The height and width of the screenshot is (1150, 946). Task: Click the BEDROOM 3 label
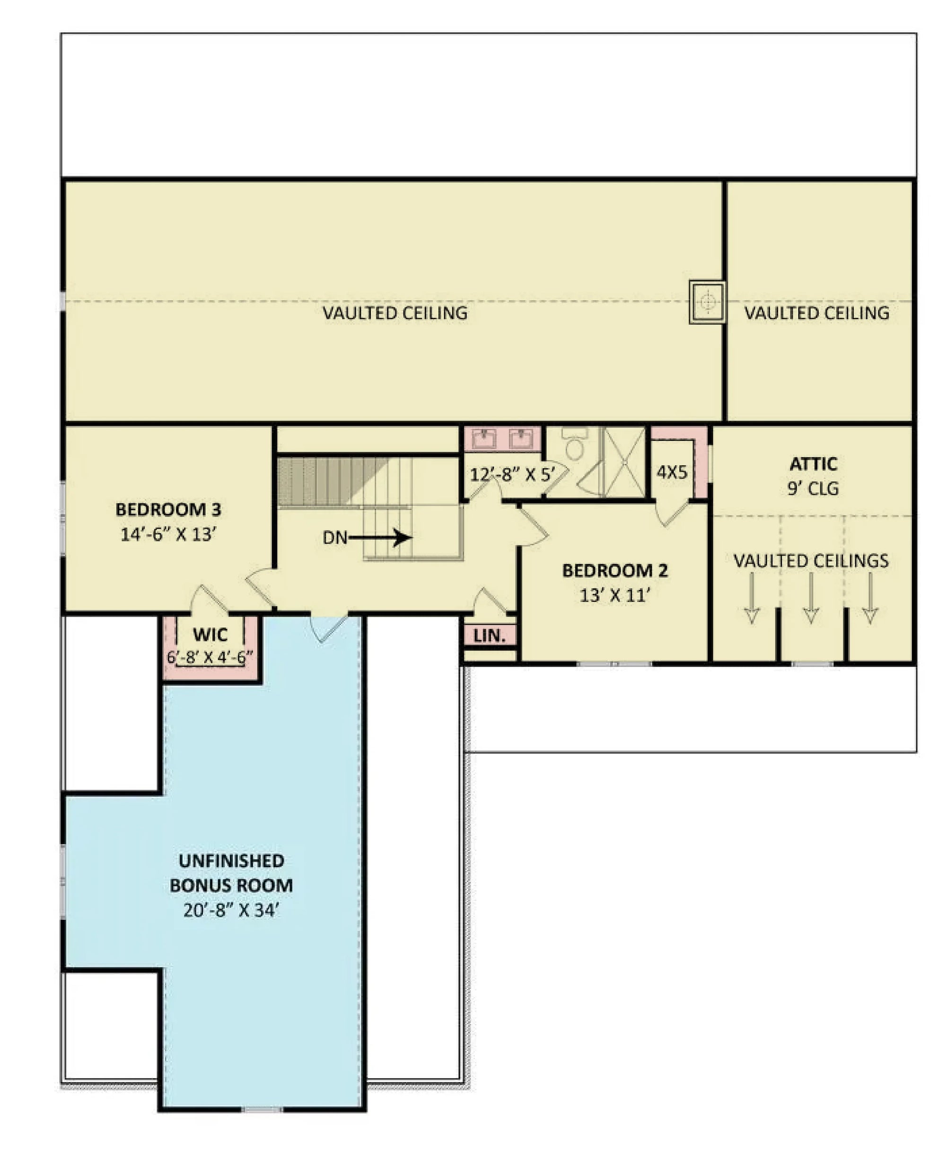tap(168, 509)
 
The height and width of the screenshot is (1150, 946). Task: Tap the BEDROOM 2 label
tap(615, 570)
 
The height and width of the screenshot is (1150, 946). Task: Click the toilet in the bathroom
tap(574, 445)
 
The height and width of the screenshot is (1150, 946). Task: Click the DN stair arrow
tap(381, 538)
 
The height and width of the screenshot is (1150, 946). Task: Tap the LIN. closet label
tap(490, 635)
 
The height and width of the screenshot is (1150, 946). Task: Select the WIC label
tap(210, 635)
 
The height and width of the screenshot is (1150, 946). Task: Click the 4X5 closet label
tap(672, 472)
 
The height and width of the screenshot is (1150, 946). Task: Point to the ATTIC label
tap(814, 464)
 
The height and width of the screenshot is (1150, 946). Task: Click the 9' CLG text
tap(813, 488)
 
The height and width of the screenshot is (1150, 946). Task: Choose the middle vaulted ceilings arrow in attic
tap(811, 598)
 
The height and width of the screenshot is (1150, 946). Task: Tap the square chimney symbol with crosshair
tap(707, 302)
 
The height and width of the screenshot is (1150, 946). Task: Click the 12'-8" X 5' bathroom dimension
tap(512, 474)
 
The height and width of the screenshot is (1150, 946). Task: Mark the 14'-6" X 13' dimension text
tap(168, 534)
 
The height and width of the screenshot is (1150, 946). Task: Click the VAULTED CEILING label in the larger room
tap(395, 313)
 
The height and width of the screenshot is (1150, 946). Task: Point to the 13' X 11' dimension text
tap(615, 595)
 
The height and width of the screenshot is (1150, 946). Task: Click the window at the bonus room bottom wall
tap(262, 1110)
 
